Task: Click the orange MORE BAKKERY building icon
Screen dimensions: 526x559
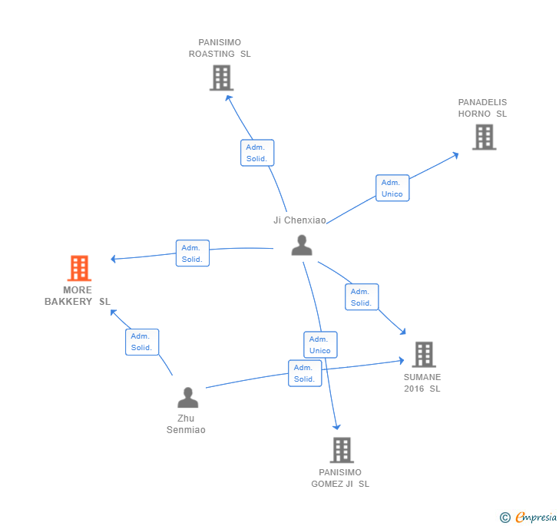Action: pyautogui.click(x=79, y=268)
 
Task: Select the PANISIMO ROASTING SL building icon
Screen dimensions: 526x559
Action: pyautogui.click(x=221, y=78)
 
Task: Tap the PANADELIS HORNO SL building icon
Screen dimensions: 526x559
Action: pyautogui.click(x=484, y=137)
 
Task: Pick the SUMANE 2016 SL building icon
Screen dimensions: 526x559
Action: pyautogui.click(x=424, y=355)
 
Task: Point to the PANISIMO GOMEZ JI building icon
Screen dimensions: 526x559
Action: pyautogui.click(x=342, y=450)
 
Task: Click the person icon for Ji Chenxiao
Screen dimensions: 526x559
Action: pyautogui.click(x=302, y=245)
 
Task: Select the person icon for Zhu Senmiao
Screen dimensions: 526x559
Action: pyautogui.click(x=187, y=398)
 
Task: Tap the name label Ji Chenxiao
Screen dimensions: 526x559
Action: pyautogui.click(x=299, y=220)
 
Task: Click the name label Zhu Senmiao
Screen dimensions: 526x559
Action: pyautogui.click(x=186, y=424)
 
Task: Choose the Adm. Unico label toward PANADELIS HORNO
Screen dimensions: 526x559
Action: pyautogui.click(x=392, y=188)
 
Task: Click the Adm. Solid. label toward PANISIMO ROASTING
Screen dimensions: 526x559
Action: pyautogui.click(x=257, y=153)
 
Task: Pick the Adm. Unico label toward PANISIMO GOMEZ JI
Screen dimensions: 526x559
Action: pyautogui.click(x=320, y=345)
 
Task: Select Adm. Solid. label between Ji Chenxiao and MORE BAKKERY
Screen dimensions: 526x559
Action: pyautogui.click(x=192, y=253)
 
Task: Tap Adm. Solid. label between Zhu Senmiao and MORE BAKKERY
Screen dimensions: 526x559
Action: pyautogui.click(x=142, y=342)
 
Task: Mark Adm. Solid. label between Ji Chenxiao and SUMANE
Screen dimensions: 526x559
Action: pyautogui.click(x=361, y=297)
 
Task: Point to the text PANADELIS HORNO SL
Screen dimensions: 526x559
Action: pyautogui.click(x=482, y=108)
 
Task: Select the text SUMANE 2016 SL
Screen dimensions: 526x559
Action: pyautogui.click(x=422, y=382)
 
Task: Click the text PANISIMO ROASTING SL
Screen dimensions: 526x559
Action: pyautogui.click(x=220, y=48)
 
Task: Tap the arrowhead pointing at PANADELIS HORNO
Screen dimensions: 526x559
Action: pyautogui.click(x=456, y=154)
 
